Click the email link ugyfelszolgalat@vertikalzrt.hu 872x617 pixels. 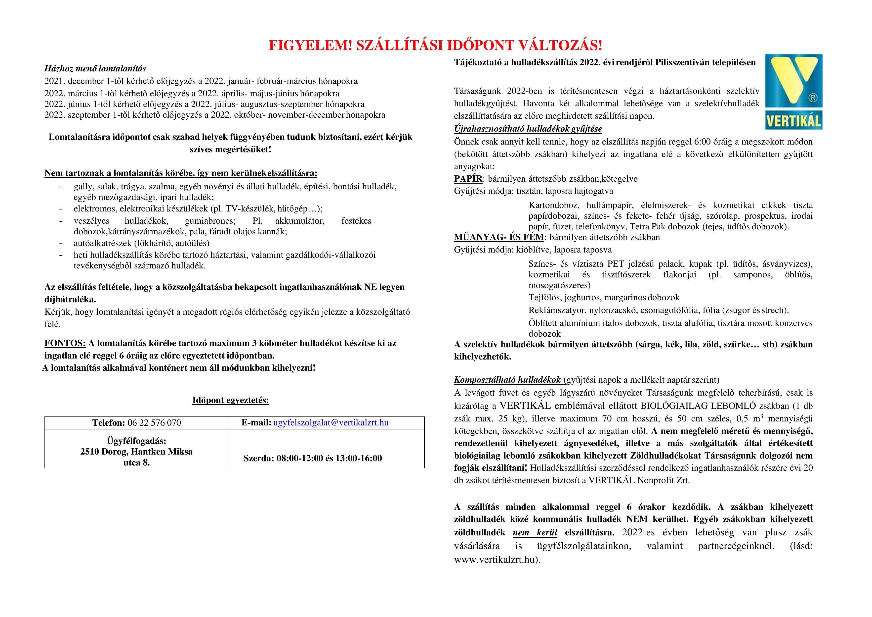(331, 423)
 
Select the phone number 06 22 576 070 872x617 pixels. (154, 423)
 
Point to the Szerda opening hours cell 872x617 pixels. (313, 458)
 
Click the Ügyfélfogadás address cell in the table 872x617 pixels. (136, 452)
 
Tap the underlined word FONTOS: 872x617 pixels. (65, 343)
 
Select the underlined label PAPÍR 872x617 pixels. (468, 179)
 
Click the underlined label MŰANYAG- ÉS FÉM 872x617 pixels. (499, 237)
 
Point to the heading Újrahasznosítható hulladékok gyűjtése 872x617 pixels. (528, 129)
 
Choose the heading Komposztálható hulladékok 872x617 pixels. (507, 380)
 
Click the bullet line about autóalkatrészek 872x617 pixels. (141, 243)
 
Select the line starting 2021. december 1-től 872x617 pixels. (201, 81)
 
